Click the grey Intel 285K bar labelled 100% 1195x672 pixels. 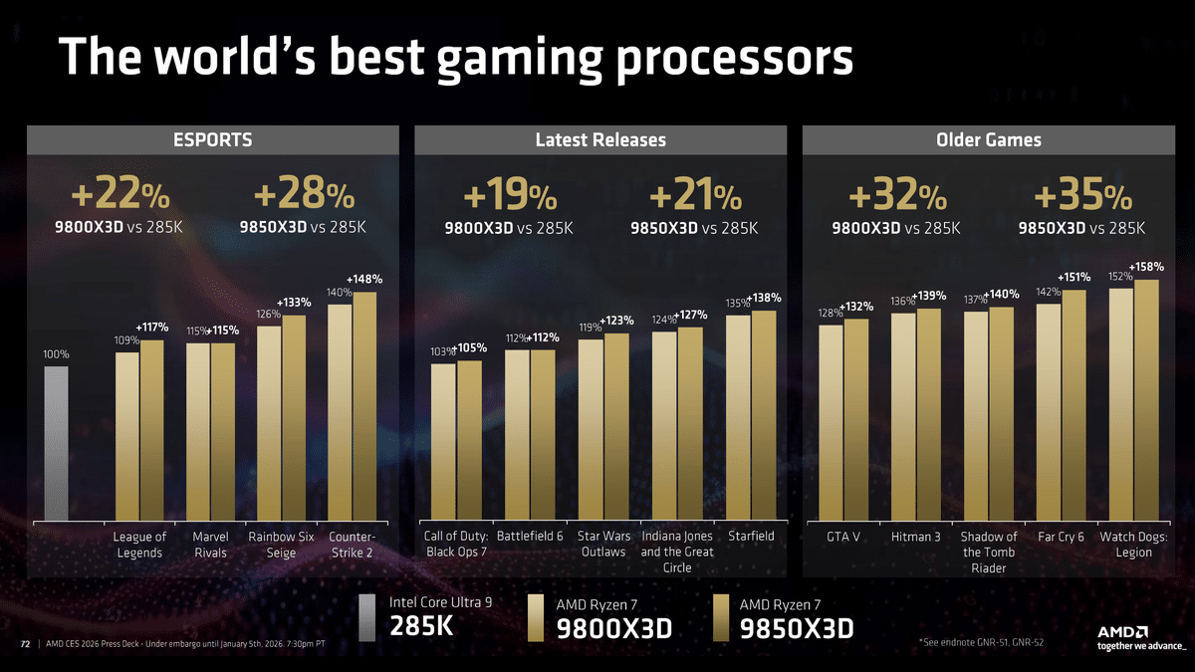pyautogui.click(x=56, y=443)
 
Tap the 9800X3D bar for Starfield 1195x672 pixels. pyautogui.click(x=738, y=418)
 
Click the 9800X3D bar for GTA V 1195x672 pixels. pyautogui.click(x=832, y=422)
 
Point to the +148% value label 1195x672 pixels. pyautogui.click(x=364, y=279)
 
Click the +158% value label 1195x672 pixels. pyautogui.click(x=1146, y=267)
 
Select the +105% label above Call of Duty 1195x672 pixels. pyautogui.click(x=470, y=348)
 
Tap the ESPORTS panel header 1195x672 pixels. pyautogui.click(x=213, y=140)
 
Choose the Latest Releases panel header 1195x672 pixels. pyautogui.click(x=600, y=140)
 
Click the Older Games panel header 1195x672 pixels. pyautogui.click(x=988, y=140)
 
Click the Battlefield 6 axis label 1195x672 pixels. pyautogui.click(x=530, y=537)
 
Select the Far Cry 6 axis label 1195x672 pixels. pyautogui.click(x=1060, y=537)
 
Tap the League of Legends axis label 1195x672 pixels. pyautogui.click(x=139, y=545)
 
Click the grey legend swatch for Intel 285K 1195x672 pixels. pyautogui.click(x=367, y=617)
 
